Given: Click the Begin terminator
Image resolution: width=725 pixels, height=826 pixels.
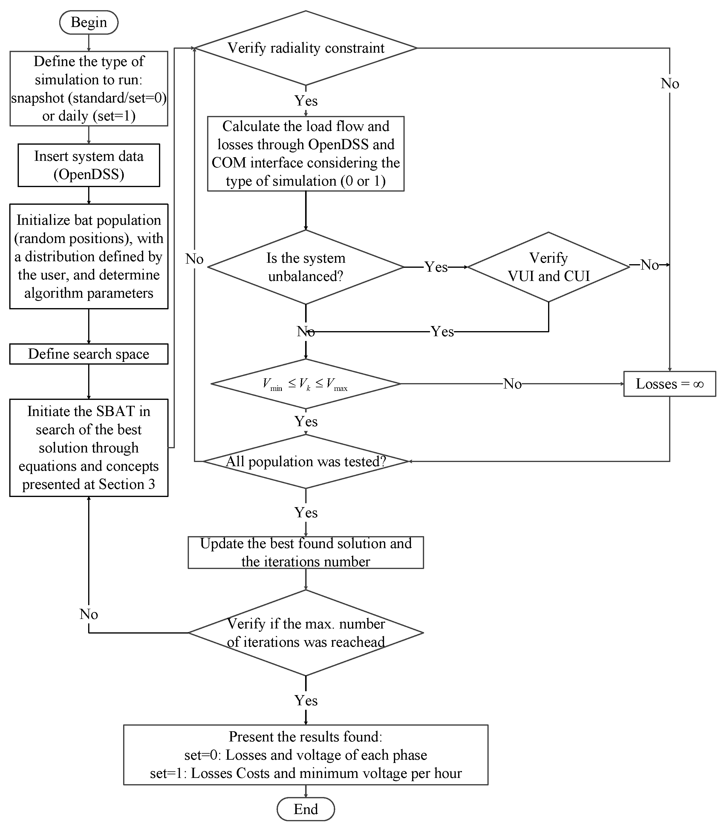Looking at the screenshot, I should tap(88, 22).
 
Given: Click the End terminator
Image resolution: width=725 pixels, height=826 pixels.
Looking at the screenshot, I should tap(305, 809).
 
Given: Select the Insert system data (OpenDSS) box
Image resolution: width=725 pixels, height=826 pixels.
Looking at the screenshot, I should tap(88, 165).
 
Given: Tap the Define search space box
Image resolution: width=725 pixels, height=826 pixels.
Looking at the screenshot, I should tap(88, 354).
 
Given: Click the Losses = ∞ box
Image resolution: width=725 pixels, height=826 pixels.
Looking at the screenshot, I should tap(669, 383).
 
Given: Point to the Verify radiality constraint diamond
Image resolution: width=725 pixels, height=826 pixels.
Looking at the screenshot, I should tap(305, 48).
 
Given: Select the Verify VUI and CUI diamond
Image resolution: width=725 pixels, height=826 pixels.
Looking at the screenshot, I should tap(548, 267).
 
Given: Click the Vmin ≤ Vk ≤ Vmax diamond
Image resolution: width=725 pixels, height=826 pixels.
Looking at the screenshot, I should tap(305, 383).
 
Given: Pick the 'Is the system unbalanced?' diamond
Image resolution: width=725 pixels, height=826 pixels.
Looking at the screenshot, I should tap(305, 267).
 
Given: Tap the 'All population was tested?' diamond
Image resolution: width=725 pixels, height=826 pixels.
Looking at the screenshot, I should tap(305, 461).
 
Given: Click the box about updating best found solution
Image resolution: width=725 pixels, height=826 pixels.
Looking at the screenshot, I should tap(305, 553).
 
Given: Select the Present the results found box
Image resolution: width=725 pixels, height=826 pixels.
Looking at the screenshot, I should tap(305, 755).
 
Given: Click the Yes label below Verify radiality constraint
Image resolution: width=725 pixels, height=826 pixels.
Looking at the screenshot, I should tap(305, 101).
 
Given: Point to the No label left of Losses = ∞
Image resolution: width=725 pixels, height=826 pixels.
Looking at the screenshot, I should tap(512, 383).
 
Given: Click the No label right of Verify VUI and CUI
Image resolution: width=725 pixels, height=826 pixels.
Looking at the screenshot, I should tap(649, 265).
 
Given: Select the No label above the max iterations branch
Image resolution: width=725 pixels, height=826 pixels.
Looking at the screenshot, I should tap(88, 614).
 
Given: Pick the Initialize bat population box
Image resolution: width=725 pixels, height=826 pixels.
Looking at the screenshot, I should tap(88, 256).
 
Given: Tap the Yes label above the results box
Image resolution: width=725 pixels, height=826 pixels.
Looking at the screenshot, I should tap(305, 700).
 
